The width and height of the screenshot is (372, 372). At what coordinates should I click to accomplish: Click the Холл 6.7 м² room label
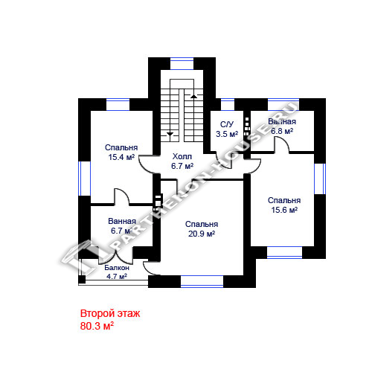182,161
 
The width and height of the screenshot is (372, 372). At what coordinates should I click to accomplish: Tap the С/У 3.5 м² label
227,129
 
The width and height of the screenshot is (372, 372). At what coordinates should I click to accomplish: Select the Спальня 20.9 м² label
202,229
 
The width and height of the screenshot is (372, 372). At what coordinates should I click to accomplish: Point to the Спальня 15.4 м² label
121,153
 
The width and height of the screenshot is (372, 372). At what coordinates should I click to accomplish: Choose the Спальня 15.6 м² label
284,205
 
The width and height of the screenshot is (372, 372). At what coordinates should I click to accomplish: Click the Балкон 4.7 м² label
117,272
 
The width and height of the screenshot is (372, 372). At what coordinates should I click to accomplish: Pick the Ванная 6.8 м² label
282,126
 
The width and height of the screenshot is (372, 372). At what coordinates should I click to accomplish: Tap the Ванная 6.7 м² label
122,226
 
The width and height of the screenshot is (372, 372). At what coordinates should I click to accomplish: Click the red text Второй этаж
110,313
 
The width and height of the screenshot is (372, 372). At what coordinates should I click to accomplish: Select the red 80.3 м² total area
97,326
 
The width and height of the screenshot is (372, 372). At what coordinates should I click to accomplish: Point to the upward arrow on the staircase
194,96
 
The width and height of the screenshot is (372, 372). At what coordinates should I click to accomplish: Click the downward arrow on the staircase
170,134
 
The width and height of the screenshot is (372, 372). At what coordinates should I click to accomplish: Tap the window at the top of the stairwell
182,64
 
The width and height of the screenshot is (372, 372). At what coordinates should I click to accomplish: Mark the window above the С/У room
228,104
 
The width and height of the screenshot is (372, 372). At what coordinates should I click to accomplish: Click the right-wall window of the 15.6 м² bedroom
320,179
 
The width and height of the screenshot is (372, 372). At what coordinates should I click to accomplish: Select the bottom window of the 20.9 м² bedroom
202,281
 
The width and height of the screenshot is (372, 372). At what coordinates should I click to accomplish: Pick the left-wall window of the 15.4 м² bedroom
84,179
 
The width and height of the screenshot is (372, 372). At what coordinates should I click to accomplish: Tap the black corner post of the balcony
82,279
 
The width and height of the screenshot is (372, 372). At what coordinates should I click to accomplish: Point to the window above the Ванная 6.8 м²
283,104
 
